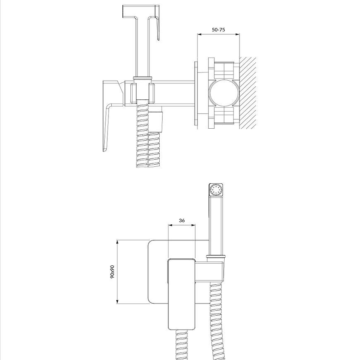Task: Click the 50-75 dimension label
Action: (218, 30)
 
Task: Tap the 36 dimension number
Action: (182, 221)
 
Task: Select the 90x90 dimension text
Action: (112, 272)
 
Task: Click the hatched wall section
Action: (248, 93)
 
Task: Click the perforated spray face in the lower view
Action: (216, 190)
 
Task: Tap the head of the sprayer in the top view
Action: (141, 11)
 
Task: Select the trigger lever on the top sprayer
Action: (157, 28)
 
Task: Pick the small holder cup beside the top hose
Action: (156, 122)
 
